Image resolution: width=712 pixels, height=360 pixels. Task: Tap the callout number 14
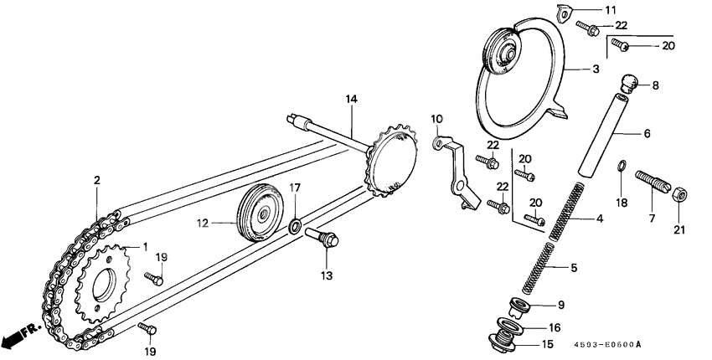[x=351, y=100]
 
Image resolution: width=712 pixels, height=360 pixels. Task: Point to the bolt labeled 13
[x=324, y=239]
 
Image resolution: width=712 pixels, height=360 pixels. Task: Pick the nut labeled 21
[x=679, y=195]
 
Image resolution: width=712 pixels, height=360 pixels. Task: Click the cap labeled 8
[x=628, y=82]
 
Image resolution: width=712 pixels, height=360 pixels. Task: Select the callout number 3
[x=596, y=69]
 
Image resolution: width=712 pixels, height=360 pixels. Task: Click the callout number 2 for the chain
[x=96, y=180]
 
